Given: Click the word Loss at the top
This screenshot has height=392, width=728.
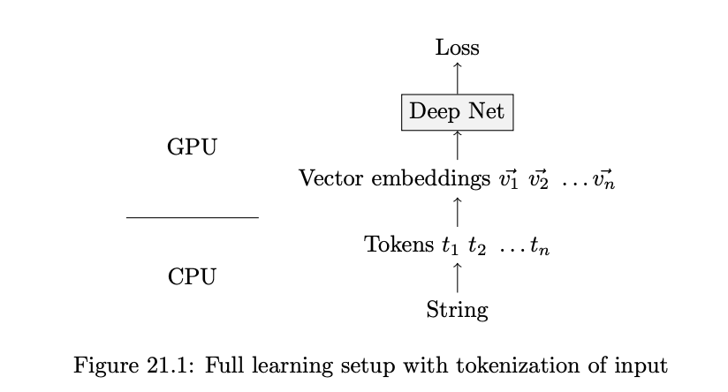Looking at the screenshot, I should point(457,48).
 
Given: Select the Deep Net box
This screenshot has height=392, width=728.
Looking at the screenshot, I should point(457,112).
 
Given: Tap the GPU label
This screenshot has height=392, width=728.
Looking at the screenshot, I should point(192,147).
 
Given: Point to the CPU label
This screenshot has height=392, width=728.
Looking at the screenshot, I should point(192,277).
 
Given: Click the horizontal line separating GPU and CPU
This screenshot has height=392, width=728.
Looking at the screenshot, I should point(192,216).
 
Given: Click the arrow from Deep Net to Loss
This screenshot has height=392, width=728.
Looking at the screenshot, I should point(457,77).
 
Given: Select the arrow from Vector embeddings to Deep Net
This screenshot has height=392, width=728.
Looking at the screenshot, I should point(457,145).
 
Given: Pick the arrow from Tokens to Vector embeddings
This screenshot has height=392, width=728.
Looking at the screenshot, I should point(457,212).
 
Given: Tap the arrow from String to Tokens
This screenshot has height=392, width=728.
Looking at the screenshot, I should point(457,276).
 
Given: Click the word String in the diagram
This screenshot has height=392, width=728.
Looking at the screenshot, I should point(457,310).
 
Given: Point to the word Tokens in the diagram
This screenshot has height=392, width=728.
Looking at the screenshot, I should point(398,245).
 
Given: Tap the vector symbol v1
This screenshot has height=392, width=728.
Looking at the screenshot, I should point(507,179).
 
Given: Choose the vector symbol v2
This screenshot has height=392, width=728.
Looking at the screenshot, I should point(539,179).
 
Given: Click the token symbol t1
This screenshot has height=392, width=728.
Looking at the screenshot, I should point(450,246).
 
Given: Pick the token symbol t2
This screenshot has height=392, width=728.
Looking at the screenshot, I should point(477,246).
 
